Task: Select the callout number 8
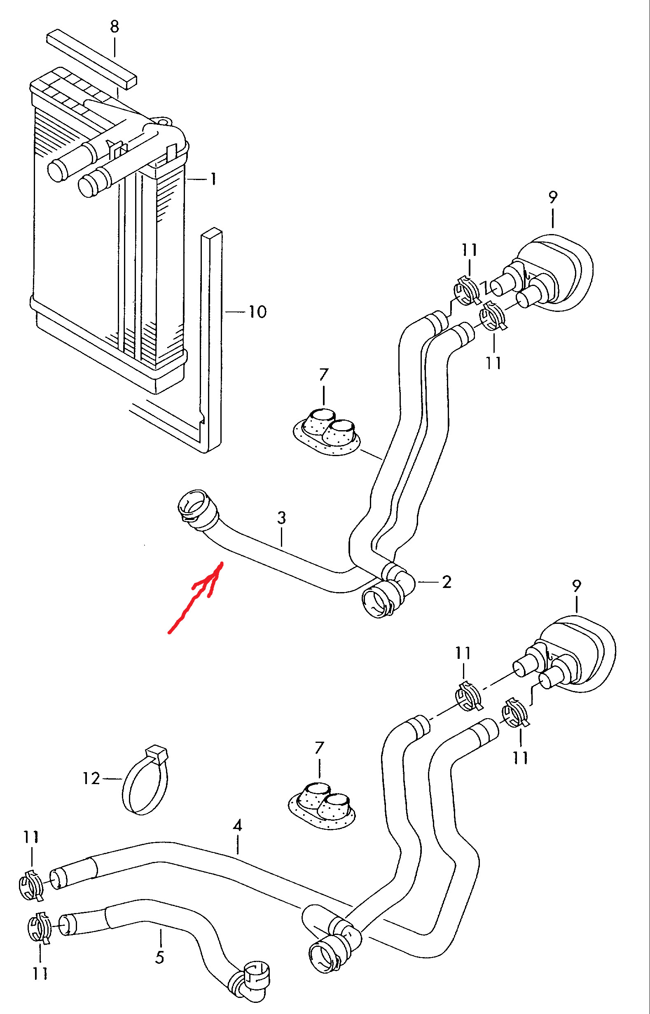(115, 28)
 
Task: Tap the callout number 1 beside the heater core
(213, 179)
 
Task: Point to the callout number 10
(257, 312)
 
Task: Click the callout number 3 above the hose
(281, 518)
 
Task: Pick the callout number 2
(447, 582)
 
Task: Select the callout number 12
(91, 778)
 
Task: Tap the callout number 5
(159, 957)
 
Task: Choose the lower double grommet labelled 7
(322, 805)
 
